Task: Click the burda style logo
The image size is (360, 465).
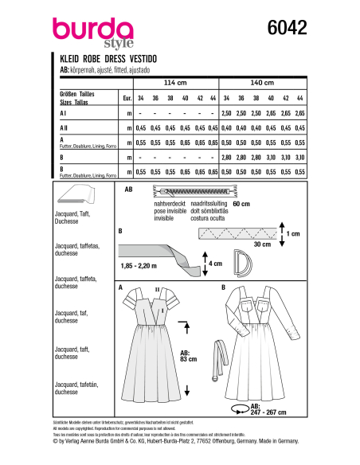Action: (86, 32)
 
